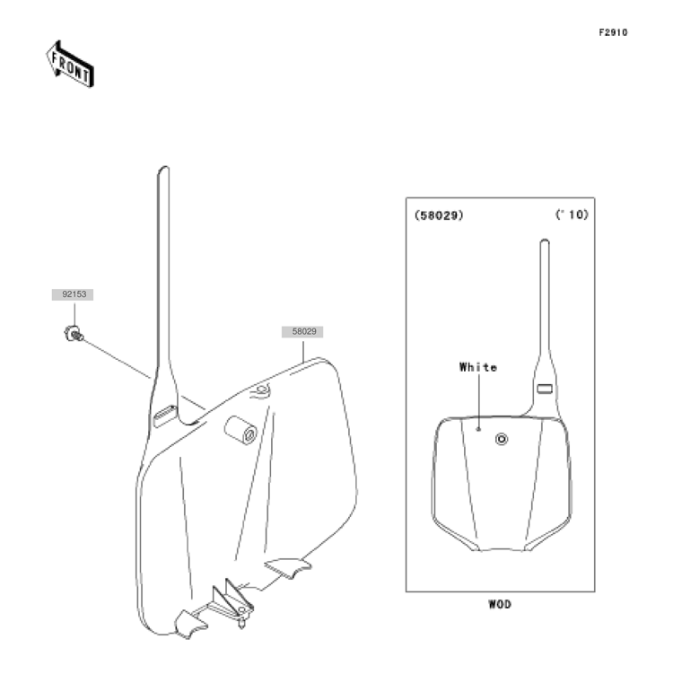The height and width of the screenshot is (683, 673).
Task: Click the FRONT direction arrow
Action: pos(70,65)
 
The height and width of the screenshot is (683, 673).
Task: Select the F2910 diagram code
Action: pos(613,32)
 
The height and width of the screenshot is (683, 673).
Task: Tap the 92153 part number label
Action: pos(73,294)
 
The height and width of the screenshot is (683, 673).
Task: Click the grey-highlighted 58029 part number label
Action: pos(302,331)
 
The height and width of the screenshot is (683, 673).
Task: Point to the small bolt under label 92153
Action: pos(74,334)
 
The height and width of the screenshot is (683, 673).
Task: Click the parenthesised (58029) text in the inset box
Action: pos(439,215)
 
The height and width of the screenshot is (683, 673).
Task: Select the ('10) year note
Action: pos(572,215)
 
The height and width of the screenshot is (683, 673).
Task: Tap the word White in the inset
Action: pos(478,367)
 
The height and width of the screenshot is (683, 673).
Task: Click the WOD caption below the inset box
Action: pos(500,604)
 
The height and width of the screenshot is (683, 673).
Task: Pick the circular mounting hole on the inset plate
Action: pos(502,439)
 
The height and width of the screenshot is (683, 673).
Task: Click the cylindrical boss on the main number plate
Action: pos(240,430)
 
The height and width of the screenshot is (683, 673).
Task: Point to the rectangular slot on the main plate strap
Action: pos(165,416)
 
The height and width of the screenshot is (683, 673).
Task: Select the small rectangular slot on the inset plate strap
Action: pos(545,389)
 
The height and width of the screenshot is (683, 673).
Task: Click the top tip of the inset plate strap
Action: pos(545,240)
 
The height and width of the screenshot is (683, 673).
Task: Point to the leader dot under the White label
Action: pos(478,429)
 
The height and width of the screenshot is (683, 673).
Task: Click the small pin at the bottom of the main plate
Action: pos(242,624)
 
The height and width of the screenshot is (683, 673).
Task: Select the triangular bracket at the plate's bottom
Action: pos(232,596)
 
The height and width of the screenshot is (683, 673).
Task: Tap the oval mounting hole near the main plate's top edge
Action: pos(260,389)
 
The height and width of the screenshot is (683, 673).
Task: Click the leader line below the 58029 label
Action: pos(303,351)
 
